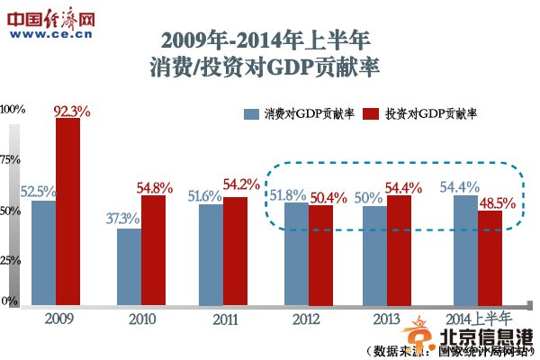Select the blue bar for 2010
coord(129,267)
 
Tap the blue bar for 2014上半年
coord(465,251)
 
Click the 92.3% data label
coord(73,110)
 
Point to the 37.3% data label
coord(122,219)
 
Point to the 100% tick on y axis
coord(13,109)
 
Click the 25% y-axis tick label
coord(11,260)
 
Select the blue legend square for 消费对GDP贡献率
coord(250,114)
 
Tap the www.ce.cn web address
coord(53,34)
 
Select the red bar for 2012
coord(321,255)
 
